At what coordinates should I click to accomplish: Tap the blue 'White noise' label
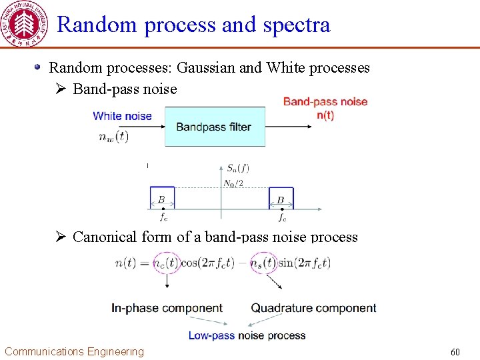[123, 116]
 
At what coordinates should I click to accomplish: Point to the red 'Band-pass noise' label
[325, 101]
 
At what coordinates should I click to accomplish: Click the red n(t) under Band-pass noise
[325, 115]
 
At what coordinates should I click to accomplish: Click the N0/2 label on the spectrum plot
[233, 183]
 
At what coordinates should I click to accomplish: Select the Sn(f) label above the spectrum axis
[237, 168]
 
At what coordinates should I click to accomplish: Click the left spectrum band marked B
[162, 199]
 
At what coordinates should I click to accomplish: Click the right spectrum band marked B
[281, 199]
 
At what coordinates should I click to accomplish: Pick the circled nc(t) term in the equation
[166, 263]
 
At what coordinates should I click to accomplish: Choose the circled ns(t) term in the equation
[265, 263]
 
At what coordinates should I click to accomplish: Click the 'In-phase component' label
[167, 308]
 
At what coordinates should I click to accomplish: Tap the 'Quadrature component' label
[313, 308]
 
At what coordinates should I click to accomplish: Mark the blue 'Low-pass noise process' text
[247, 335]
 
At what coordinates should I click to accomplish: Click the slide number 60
[455, 351]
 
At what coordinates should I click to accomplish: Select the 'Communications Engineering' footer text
[74, 351]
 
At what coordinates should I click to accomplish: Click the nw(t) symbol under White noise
[113, 137]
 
